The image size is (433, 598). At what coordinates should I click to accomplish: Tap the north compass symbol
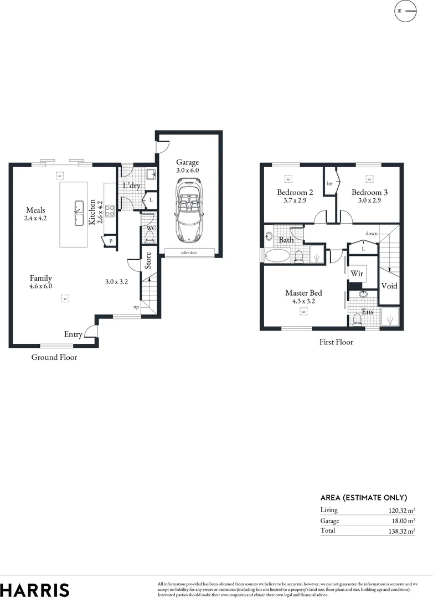(x=405, y=11)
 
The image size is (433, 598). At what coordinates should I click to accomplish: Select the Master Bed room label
(x=303, y=293)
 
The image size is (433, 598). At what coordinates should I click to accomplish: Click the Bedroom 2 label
(x=295, y=192)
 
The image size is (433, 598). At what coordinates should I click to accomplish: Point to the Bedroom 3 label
(x=369, y=192)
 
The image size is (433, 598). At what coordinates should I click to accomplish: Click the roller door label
(x=189, y=252)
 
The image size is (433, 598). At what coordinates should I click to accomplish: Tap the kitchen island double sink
(x=78, y=210)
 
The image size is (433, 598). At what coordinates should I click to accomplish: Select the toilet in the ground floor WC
(x=149, y=236)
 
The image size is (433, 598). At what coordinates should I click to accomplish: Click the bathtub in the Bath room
(x=277, y=255)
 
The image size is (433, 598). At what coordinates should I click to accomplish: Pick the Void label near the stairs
(x=389, y=286)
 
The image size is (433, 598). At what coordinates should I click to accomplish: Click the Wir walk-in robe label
(x=356, y=274)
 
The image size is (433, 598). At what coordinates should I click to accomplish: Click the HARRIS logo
(x=34, y=590)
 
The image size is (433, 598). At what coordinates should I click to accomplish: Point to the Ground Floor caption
(x=54, y=357)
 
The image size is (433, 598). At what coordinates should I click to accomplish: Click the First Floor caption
(x=336, y=342)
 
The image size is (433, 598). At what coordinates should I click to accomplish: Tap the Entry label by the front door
(x=74, y=334)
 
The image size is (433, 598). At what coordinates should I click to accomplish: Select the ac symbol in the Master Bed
(x=303, y=312)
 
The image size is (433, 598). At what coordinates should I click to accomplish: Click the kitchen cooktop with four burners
(x=110, y=210)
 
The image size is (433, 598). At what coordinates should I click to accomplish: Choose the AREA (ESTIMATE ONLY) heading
(x=363, y=497)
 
